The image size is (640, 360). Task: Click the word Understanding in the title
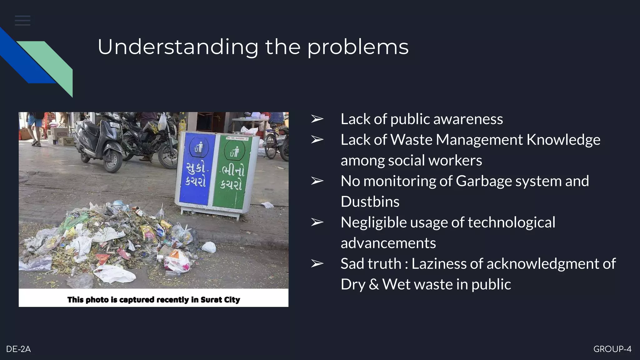tap(178, 47)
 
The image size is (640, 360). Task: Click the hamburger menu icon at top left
tap(22, 21)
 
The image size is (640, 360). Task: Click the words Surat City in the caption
tap(220, 300)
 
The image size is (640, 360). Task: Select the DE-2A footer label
tap(18, 349)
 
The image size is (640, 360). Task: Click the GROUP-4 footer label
tap(612, 349)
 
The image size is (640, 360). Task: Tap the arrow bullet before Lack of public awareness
tap(317, 119)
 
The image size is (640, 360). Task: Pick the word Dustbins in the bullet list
tap(370, 202)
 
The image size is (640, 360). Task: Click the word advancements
tap(388, 243)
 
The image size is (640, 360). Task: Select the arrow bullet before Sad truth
tap(317, 264)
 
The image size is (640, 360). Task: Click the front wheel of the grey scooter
tap(113, 161)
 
